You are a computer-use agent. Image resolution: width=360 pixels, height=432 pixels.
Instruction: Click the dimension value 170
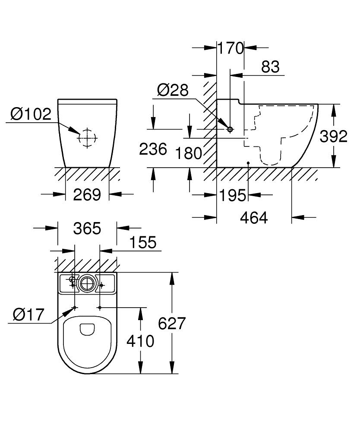(x=231, y=48)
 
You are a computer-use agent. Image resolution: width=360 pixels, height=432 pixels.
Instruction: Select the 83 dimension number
(x=270, y=67)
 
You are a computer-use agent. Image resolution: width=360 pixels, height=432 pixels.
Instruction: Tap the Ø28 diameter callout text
(x=173, y=90)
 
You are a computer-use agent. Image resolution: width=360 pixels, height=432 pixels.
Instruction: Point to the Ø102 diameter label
(x=31, y=114)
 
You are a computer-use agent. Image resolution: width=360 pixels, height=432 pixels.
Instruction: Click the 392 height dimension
(x=333, y=136)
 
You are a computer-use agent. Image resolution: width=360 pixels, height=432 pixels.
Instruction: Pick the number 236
(x=153, y=149)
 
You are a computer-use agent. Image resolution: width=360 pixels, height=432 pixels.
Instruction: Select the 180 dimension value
(x=189, y=153)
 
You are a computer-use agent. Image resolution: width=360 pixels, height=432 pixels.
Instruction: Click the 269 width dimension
(x=87, y=195)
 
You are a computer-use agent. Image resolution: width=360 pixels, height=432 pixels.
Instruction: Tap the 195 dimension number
(x=233, y=195)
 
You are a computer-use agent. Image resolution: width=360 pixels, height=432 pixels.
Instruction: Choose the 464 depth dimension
(x=254, y=218)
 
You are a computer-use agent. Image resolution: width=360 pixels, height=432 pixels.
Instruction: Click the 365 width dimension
(x=87, y=229)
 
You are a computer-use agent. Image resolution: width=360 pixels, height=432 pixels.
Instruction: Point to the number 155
(x=143, y=242)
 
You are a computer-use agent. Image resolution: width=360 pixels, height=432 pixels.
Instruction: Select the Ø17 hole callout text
(x=29, y=314)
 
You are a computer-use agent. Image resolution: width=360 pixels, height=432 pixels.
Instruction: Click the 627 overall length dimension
(x=172, y=323)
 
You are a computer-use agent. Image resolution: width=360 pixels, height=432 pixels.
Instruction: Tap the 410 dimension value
(x=140, y=341)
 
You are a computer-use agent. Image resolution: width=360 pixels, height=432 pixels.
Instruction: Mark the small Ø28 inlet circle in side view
(x=230, y=129)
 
